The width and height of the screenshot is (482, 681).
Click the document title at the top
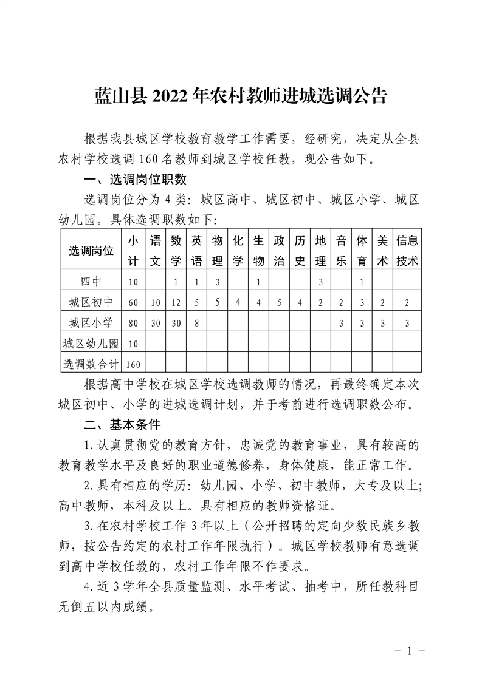click(x=241, y=97)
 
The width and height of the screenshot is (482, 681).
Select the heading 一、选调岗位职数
click(x=134, y=180)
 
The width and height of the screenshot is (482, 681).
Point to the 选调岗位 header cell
click(x=91, y=250)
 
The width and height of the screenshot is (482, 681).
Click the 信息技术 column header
click(x=407, y=250)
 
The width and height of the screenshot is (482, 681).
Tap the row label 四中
click(x=91, y=281)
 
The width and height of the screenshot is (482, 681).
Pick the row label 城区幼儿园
click(x=91, y=343)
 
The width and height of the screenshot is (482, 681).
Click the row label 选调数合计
click(x=91, y=364)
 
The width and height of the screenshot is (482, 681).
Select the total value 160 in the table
click(x=133, y=364)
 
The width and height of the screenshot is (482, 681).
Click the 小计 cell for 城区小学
click(x=133, y=323)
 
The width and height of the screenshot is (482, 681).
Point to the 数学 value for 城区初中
click(x=176, y=302)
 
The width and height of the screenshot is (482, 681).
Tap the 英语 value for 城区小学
click(x=196, y=323)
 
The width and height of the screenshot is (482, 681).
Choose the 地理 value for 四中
click(x=320, y=282)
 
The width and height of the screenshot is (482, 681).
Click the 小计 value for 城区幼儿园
click(x=133, y=344)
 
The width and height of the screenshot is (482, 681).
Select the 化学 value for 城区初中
click(x=238, y=302)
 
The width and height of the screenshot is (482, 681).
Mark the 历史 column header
click(x=299, y=250)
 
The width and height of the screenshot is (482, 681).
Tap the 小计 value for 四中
click(x=133, y=282)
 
